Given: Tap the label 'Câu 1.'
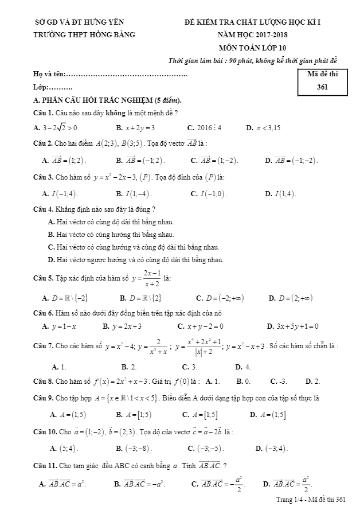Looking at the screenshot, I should click(44, 112).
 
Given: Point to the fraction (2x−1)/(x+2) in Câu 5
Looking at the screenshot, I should click(152, 278).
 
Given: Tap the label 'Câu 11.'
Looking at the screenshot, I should click(45, 465).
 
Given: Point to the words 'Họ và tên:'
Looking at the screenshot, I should click(50, 75).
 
